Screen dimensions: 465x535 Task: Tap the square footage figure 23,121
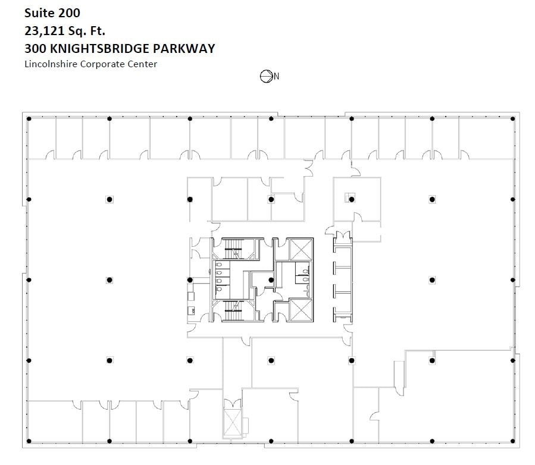click(x=45, y=30)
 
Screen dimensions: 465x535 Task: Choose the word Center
click(x=143, y=64)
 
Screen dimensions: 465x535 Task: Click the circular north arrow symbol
click(x=266, y=76)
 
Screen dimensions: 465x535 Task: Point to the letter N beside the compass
click(x=276, y=76)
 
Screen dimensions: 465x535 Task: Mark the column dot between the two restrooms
click(x=271, y=279)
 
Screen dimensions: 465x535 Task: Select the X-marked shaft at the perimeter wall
click(x=231, y=421)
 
